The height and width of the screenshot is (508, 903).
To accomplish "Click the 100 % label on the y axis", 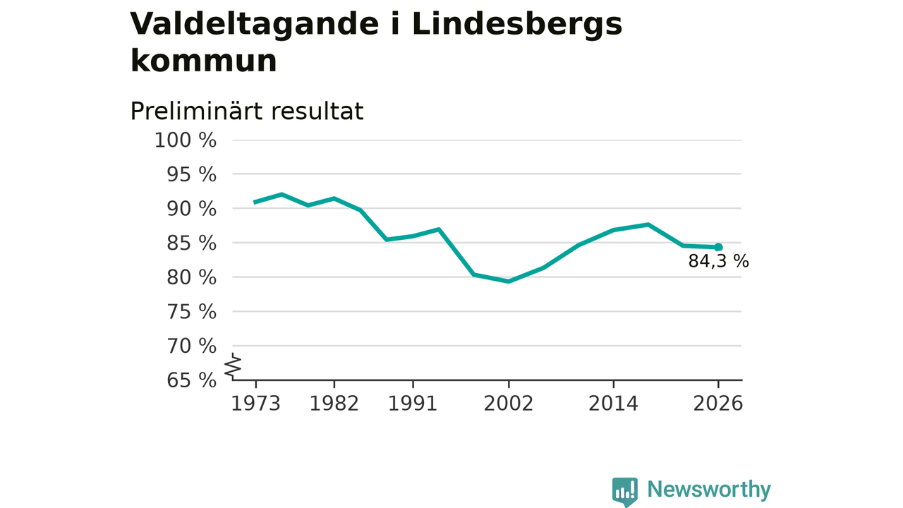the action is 186,140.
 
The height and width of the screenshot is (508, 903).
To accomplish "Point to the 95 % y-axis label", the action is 191,175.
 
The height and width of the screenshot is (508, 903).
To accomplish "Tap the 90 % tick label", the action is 191,210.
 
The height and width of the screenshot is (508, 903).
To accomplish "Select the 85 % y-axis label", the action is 191,243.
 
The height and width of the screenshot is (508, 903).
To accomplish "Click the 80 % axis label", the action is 191,278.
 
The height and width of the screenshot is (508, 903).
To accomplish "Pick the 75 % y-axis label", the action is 191,312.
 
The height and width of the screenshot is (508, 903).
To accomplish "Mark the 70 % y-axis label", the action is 191,346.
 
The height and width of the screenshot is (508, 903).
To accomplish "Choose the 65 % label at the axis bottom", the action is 191,380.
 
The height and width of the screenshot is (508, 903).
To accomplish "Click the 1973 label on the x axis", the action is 255,404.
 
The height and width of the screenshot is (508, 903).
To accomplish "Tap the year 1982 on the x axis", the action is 334,404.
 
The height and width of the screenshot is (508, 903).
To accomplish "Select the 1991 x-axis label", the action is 413,404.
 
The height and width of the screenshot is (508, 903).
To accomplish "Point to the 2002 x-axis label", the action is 509,404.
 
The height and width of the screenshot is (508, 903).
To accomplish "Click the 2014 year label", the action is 614,404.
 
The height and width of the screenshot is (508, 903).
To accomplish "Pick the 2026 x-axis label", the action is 718,404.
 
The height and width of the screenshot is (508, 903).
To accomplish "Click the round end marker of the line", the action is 718,247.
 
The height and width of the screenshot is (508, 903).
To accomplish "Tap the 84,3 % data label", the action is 719,261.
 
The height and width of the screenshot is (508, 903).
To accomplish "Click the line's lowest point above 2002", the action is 509,282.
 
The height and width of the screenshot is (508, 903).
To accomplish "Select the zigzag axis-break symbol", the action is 233,366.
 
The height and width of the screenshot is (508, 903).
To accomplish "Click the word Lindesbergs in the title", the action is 517,25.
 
